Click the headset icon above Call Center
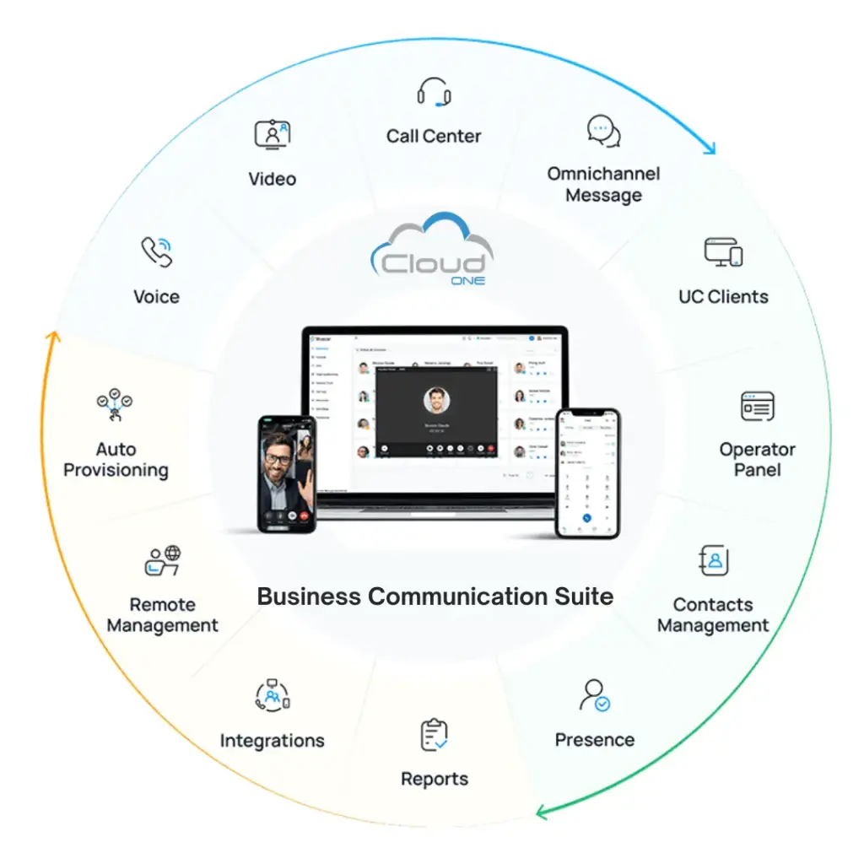434,93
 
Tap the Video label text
272,179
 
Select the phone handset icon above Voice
156,251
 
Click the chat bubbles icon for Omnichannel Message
604,132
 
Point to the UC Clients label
723,297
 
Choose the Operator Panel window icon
757,407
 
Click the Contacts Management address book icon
714,560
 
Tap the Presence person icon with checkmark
594,695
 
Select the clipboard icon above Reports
434,734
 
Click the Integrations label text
272,741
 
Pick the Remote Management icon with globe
162,560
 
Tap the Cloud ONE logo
432,251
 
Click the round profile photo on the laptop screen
436,400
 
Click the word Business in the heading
310,597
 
